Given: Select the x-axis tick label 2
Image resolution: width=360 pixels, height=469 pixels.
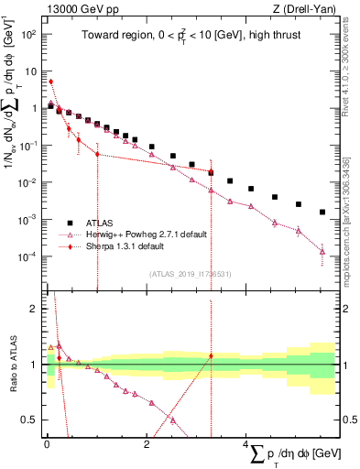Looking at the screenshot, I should [x=147, y=442].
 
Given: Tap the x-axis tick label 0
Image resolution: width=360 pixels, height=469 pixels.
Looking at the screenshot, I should [x=47, y=442].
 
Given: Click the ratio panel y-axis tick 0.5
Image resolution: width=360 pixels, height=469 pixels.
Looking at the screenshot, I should [x=31, y=420].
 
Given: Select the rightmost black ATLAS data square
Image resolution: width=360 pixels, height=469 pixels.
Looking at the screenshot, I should [x=322, y=212].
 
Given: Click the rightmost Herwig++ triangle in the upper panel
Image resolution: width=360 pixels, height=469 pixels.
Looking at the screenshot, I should [x=322, y=251].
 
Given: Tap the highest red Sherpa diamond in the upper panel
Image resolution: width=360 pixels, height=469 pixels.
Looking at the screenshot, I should [x=51, y=82].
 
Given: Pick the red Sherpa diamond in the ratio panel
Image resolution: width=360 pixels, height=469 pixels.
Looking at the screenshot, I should [x=211, y=355].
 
